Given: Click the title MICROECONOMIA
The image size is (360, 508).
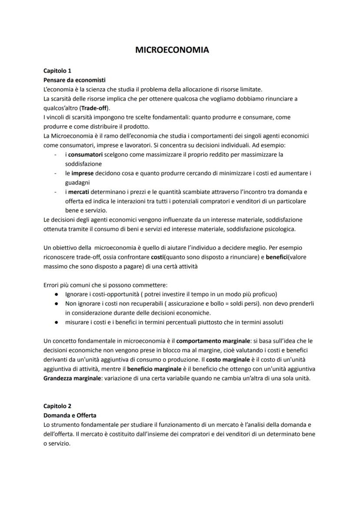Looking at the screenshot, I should click(172, 50).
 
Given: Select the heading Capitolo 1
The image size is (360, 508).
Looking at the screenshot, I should click(57, 70).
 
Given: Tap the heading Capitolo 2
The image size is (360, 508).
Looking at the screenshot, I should click(57, 406).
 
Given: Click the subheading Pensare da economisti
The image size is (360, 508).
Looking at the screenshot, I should click(74, 80).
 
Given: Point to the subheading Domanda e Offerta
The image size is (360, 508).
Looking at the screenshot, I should click(70, 415).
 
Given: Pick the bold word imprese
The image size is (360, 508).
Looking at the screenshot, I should click(80, 173).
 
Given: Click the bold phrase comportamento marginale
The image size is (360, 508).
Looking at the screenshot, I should click(210, 341).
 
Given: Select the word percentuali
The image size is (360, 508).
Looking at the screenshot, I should click(167, 322).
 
